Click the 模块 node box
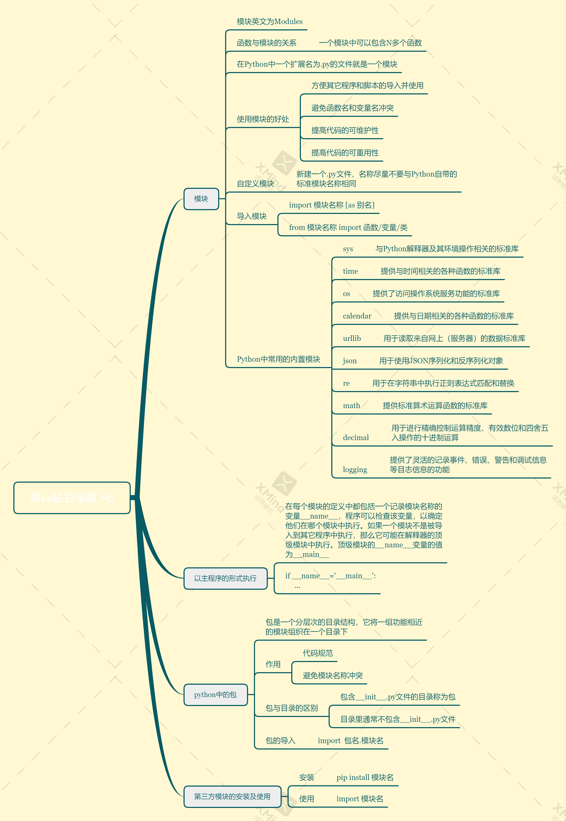(x=201, y=199)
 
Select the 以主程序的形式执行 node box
(x=225, y=579)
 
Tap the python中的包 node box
(x=215, y=695)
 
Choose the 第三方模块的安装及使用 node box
(x=232, y=796)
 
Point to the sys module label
(x=348, y=249)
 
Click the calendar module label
(x=357, y=316)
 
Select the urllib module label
(x=352, y=338)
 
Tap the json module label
(x=350, y=361)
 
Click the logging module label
(x=355, y=469)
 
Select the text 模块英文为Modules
(x=269, y=22)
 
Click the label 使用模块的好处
(x=263, y=119)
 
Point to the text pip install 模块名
(x=365, y=777)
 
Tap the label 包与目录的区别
(x=292, y=708)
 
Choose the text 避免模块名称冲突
(x=333, y=676)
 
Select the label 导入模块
(x=252, y=216)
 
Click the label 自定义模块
(x=255, y=184)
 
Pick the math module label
(x=352, y=406)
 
